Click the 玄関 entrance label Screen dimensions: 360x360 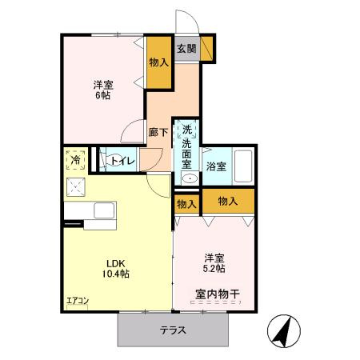(x=186, y=49)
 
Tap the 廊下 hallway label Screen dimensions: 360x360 (x=158, y=133)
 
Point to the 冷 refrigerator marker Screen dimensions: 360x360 (x=75, y=160)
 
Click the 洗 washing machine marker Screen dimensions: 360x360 (x=186, y=130)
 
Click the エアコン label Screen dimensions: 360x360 (x=77, y=302)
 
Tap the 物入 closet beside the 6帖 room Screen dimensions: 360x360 (x=158, y=62)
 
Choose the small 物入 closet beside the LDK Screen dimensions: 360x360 (x=186, y=205)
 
